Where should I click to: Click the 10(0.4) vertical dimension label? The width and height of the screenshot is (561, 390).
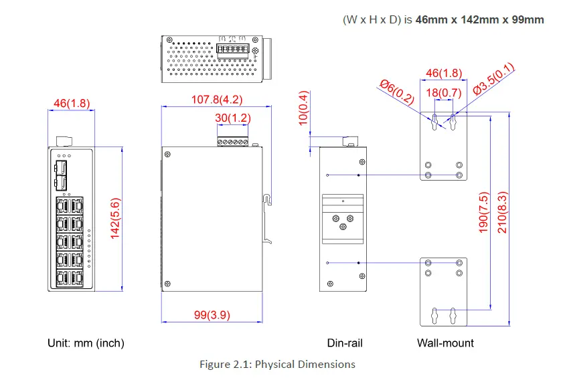[303, 107]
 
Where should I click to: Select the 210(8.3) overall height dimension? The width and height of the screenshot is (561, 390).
[502, 211]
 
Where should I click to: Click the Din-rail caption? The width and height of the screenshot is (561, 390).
[345, 343]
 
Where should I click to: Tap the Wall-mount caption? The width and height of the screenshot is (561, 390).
[445, 343]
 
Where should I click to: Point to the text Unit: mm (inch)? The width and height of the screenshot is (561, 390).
[86, 343]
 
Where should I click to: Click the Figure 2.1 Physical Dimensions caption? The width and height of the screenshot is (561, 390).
[277, 365]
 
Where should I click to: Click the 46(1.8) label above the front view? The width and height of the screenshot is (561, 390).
[71, 103]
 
